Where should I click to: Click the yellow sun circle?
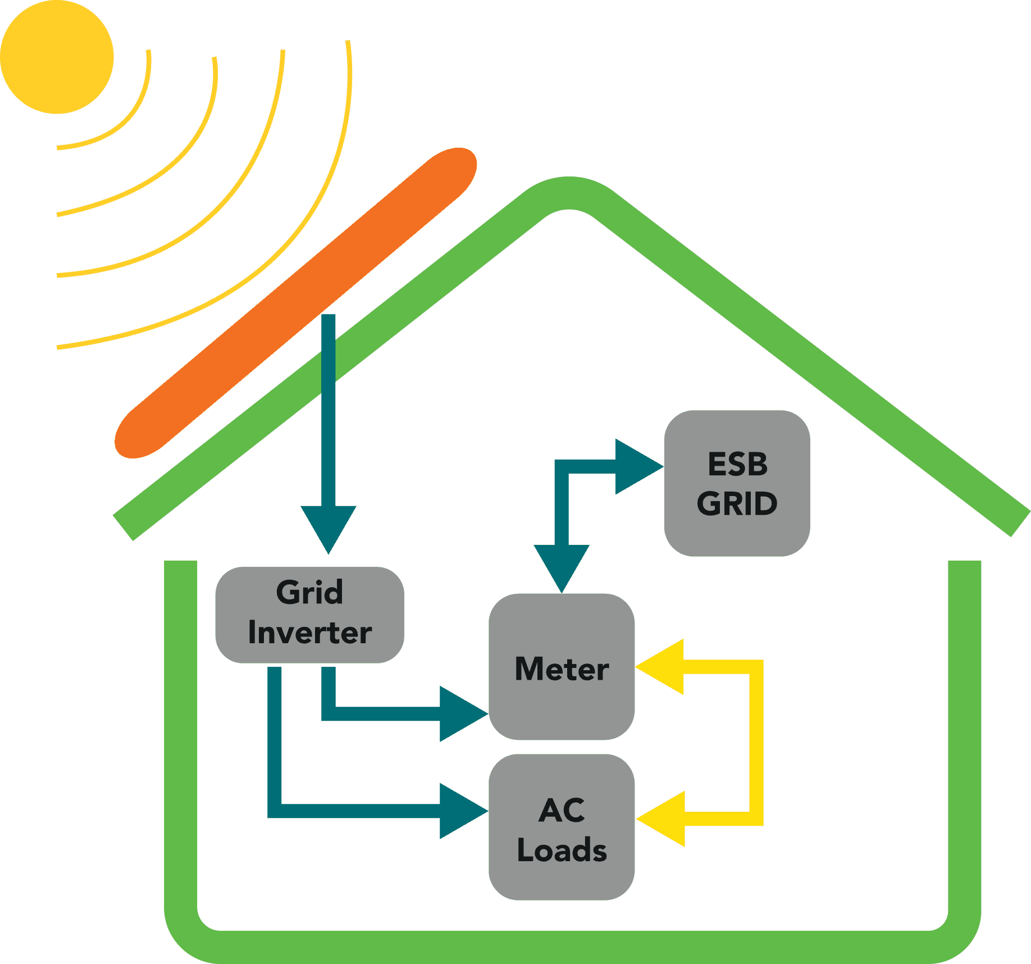57,57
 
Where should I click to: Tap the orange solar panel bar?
296,303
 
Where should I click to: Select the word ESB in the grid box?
737,465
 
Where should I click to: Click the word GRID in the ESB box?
737,504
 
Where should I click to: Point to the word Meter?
562,669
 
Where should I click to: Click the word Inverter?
309,633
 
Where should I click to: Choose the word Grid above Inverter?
309,593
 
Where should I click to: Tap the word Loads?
562,850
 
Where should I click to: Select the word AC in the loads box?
562,811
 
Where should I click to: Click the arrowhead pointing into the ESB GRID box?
637,466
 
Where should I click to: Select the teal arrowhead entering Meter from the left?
462,713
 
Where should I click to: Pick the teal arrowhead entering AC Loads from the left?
462,811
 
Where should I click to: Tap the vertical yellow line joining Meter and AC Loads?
756,742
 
